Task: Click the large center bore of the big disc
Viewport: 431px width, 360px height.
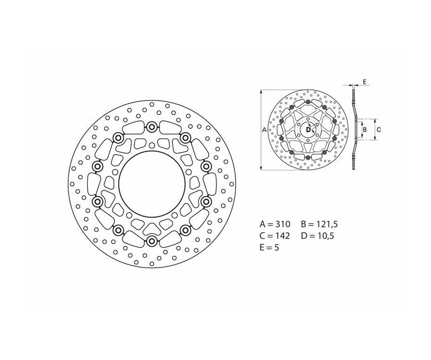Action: pos(151,184)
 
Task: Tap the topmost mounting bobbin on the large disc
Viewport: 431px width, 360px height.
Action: pos(152,127)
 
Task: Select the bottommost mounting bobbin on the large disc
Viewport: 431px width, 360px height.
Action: pos(152,241)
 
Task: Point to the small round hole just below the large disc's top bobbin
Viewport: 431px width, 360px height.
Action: pos(152,145)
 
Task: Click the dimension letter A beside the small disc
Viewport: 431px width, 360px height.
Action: pos(264,130)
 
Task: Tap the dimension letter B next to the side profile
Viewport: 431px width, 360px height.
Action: pos(364,129)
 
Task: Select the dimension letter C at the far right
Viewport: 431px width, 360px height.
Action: pos(378,129)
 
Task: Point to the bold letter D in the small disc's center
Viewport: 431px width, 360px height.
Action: pos(307,129)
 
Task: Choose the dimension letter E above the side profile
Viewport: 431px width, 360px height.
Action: pos(364,82)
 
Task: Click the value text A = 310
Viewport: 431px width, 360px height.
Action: pos(275,224)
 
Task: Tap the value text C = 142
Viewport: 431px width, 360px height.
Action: pos(275,236)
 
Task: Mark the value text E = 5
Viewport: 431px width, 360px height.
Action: pos(269,247)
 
